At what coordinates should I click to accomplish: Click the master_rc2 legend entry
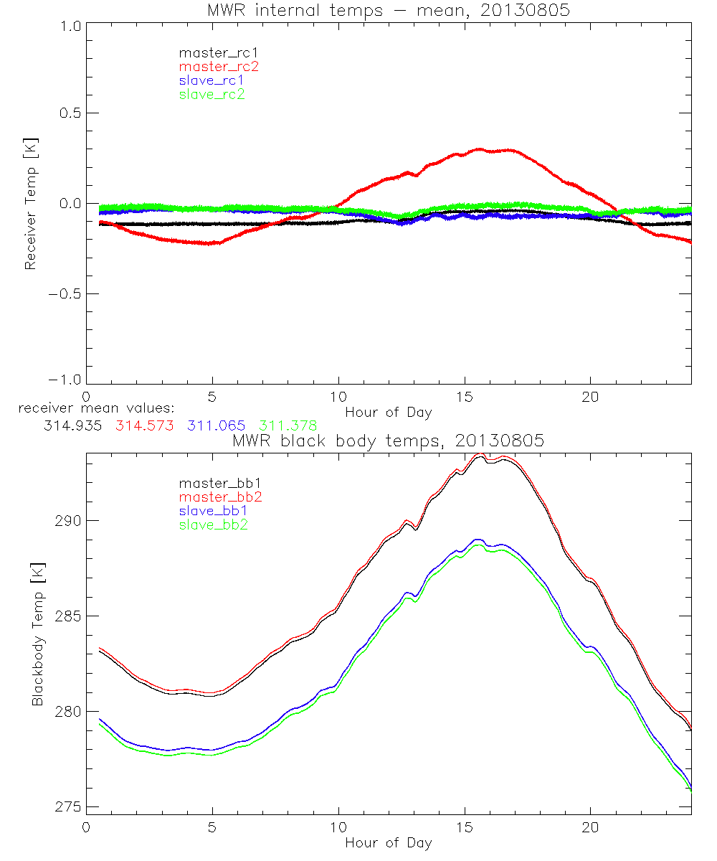pos(219,66)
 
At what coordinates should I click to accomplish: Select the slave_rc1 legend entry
pos(212,80)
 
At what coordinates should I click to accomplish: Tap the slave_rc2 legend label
pos(212,94)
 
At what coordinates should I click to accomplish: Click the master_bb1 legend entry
pos(219,483)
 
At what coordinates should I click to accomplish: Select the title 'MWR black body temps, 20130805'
pos(388,441)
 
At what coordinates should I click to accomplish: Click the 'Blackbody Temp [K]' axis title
pos(37,632)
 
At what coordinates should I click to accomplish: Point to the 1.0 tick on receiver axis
pos(70,24)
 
